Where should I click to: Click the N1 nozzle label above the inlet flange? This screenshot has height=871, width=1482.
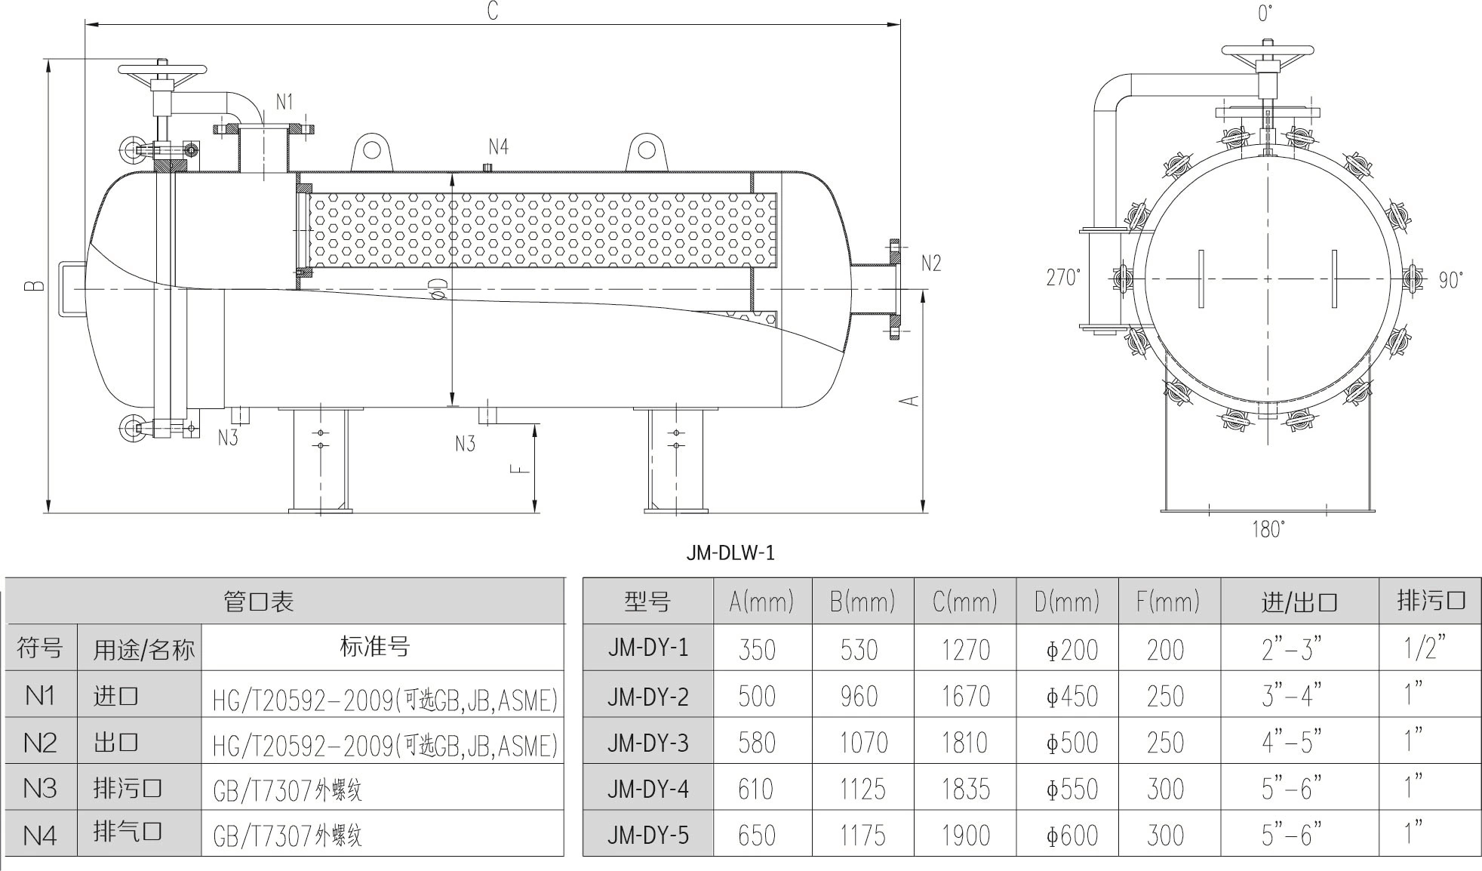point(284,102)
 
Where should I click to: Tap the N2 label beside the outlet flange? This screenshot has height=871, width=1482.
point(931,263)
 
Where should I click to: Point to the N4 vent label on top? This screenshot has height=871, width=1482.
point(498,146)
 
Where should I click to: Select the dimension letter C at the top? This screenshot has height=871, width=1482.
point(492,11)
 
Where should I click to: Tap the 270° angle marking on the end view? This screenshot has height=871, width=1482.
point(1062,278)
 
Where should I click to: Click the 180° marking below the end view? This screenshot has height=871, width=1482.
point(1268,530)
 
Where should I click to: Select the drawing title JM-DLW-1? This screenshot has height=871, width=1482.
point(730,553)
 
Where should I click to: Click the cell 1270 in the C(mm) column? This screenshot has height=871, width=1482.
point(964,650)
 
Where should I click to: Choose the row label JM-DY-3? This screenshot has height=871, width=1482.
point(647,743)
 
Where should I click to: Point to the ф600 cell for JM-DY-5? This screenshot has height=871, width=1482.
point(1071,836)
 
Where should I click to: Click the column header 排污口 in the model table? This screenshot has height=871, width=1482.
point(1431,601)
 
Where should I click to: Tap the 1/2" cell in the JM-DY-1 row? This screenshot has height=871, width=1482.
point(1424,648)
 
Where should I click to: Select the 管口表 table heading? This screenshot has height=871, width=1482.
point(258,602)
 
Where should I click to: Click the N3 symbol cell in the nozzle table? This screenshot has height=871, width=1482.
point(40,789)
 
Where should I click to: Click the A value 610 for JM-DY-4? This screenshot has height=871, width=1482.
point(756,789)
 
